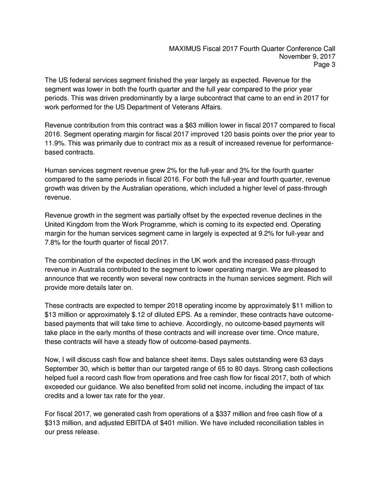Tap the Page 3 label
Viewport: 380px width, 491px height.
[x=325, y=66]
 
